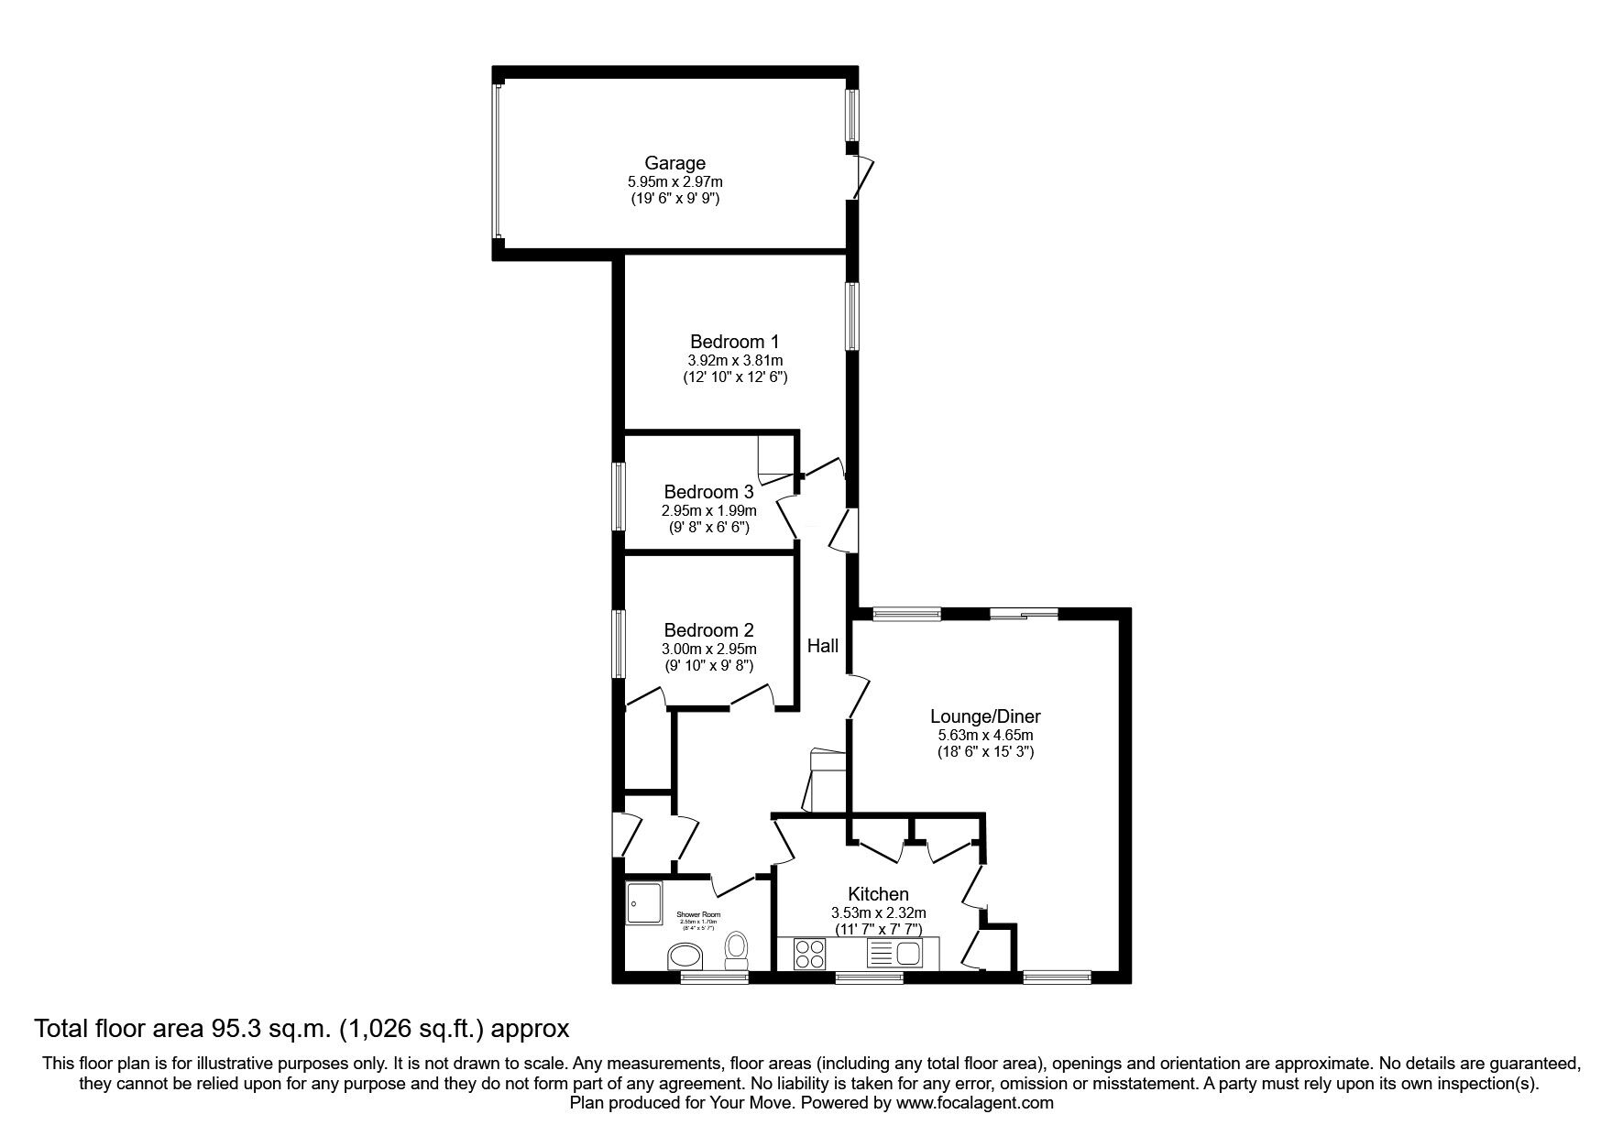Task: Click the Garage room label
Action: click(674, 163)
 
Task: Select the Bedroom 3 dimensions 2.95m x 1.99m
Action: click(708, 510)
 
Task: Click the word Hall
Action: click(822, 646)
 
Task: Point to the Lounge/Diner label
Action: click(985, 716)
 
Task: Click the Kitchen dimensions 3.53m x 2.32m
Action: click(878, 912)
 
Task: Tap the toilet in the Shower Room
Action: click(736, 950)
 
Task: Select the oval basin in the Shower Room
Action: click(685, 957)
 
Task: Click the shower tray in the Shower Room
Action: click(647, 903)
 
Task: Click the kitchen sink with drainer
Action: click(893, 955)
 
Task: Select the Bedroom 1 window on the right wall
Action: click(852, 316)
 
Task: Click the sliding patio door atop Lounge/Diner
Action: click(1024, 614)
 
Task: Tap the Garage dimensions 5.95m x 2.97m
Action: click(674, 182)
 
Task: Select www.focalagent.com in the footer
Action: click(974, 1103)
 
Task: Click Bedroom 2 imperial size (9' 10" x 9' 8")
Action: click(708, 666)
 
